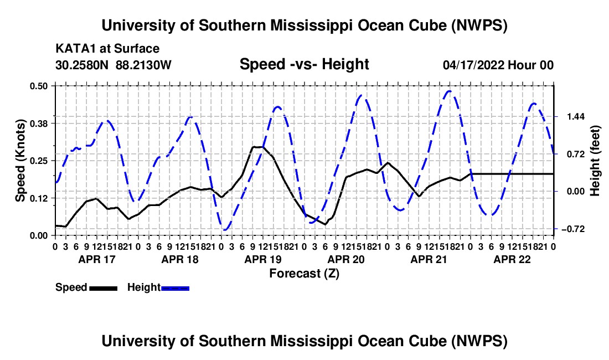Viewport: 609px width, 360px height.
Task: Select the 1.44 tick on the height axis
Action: tap(576, 116)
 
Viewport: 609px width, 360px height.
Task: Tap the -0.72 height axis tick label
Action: tap(573, 229)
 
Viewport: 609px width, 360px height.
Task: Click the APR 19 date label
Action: tap(263, 259)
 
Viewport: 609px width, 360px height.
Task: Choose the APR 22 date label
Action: tap(512, 259)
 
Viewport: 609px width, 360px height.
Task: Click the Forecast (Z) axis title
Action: tap(304, 274)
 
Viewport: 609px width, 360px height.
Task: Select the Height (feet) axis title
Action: tap(595, 161)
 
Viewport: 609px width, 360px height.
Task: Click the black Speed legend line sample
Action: tap(104, 288)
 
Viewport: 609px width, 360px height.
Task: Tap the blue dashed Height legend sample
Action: tap(175, 288)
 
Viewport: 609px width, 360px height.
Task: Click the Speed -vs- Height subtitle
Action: tap(304, 64)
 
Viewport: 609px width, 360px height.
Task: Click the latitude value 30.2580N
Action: tap(82, 65)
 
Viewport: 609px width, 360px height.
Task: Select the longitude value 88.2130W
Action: tap(143, 65)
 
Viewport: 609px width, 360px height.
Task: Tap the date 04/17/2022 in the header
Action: tap(473, 65)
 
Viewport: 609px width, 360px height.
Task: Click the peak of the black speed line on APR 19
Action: tap(258, 147)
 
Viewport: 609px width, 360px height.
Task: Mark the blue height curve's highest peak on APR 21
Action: tap(450, 91)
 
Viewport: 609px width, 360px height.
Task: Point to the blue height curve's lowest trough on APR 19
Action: tap(224, 230)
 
